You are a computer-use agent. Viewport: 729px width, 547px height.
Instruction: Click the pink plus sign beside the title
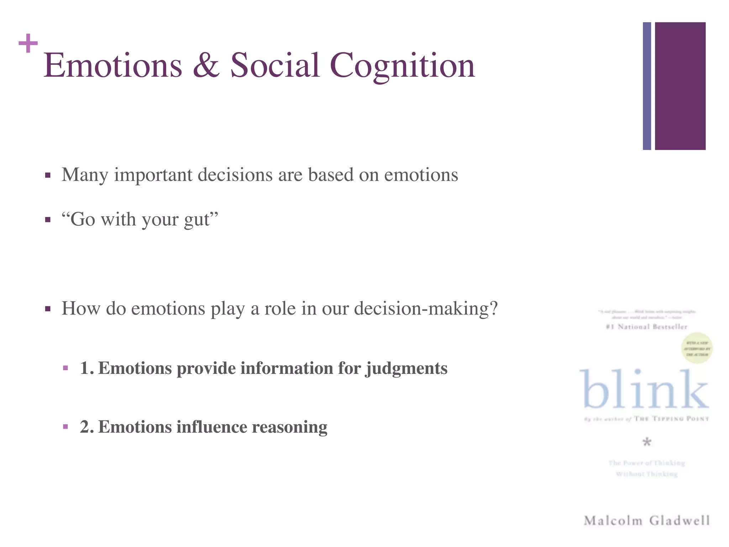click(28, 43)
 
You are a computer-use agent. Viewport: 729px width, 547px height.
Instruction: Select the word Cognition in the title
click(402, 66)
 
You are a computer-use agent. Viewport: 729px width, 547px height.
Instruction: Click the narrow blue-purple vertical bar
click(647, 86)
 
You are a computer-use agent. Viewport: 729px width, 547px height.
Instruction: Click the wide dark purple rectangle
click(680, 86)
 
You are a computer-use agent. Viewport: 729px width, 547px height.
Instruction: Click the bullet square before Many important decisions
click(48, 175)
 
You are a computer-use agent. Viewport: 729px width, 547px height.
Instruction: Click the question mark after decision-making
click(493, 308)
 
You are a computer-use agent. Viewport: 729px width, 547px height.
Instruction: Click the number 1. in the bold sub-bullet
click(86, 368)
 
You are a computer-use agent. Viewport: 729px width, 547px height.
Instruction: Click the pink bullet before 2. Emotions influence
click(65, 427)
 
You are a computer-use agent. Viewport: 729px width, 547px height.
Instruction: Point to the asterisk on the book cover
click(647, 443)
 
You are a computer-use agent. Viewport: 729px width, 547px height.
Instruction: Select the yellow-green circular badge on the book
click(697, 348)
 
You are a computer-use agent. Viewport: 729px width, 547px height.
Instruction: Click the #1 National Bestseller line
click(646, 327)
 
